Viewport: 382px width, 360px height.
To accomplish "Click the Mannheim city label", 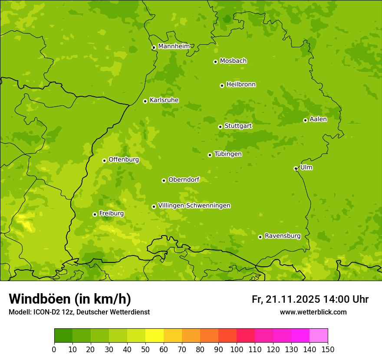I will click(174, 46).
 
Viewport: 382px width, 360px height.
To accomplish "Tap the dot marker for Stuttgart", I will click(220, 127).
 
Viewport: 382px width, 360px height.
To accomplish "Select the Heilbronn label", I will click(241, 85).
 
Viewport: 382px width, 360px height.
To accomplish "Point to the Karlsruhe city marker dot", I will click(145, 101).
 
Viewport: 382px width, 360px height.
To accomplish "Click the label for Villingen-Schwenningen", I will click(194, 206).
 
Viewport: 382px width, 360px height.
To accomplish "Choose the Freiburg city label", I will click(112, 213).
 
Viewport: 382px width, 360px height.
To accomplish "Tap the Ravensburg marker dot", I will click(260, 237).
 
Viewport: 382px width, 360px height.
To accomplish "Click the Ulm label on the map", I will click(306, 167).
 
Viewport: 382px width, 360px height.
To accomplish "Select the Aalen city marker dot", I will click(305, 120).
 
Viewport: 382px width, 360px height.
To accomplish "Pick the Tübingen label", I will click(228, 154).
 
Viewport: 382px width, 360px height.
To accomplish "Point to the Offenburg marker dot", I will click(104, 160).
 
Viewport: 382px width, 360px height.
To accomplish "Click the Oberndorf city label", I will click(184, 180).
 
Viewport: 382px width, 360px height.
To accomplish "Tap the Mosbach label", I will click(233, 61).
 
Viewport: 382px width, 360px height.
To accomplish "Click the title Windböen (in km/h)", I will click(70, 299).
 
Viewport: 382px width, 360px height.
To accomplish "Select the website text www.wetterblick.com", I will click(313, 312).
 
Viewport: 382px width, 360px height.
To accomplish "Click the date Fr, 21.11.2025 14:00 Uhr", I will click(310, 299).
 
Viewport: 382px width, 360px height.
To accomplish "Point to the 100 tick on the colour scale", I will click(237, 349).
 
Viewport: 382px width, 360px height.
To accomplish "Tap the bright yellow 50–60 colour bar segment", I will click(155, 336).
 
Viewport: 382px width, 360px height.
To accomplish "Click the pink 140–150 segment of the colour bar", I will click(319, 336).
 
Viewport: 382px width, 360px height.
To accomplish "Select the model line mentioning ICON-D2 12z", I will click(79, 312).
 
